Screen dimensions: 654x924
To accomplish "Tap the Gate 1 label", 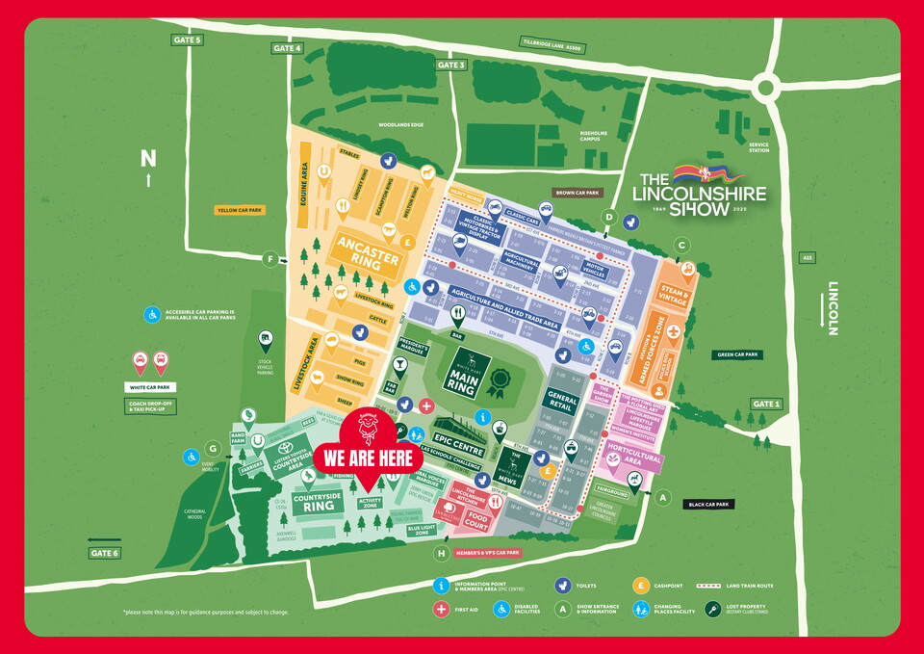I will click(767, 404).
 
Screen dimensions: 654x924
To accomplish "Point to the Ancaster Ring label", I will click(367, 252).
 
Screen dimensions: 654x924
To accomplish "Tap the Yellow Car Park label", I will click(241, 208).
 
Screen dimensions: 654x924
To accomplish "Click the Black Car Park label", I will click(708, 504).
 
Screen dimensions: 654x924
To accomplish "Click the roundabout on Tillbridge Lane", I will click(766, 89).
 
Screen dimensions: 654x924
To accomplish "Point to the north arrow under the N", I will click(148, 180).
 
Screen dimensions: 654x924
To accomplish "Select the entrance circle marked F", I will click(270, 259).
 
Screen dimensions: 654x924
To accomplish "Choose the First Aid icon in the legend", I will click(442, 609).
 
